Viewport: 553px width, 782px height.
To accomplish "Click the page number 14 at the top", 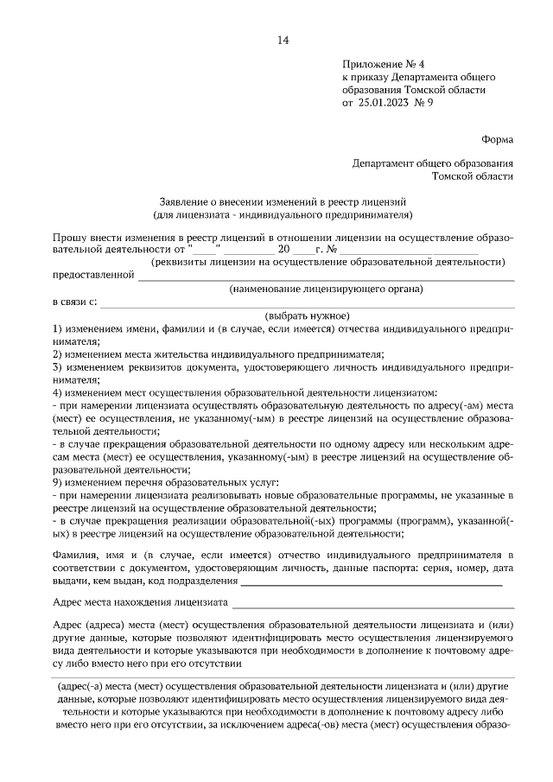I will (283, 40).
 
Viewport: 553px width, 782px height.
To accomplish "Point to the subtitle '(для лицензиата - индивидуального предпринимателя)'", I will (283, 213).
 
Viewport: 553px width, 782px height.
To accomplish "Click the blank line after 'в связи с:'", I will (307, 306).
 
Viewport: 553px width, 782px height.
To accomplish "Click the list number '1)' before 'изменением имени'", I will (57, 329).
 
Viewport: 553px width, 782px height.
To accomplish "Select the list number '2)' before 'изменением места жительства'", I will (57, 353).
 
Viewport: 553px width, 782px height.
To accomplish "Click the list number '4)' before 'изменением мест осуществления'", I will (57, 391).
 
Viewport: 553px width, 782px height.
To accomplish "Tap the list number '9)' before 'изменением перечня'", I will (57, 480).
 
